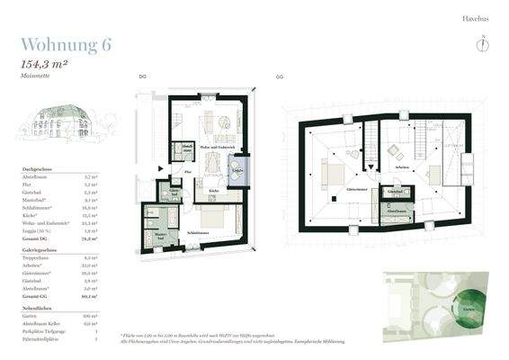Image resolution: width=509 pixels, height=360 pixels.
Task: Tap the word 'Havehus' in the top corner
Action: click(475, 17)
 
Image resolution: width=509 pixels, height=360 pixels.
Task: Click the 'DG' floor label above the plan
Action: click(143, 77)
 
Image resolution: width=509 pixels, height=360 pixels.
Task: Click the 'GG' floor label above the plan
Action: click(280, 77)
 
